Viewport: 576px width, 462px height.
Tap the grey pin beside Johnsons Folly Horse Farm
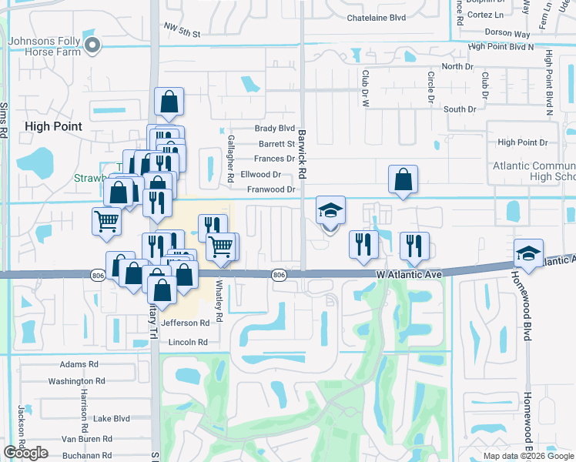[x=93, y=45]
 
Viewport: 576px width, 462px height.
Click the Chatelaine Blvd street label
[x=376, y=17]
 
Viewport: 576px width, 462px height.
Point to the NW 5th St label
[x=182, y=34]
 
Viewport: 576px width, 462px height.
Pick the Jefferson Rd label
[x=185, y=323]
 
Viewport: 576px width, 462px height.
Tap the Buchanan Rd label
[x=85, y=455]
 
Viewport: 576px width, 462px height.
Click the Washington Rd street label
[x=76, y=381]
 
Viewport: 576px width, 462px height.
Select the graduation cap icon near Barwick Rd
[x=330, y=210]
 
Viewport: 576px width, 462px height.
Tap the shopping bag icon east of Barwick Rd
[x=404, y=179]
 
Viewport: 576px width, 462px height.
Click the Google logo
[x=26, y=453]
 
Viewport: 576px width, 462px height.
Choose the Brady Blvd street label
[x=276, y=129]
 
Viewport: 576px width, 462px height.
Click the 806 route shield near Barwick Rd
[x=280, y=274]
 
